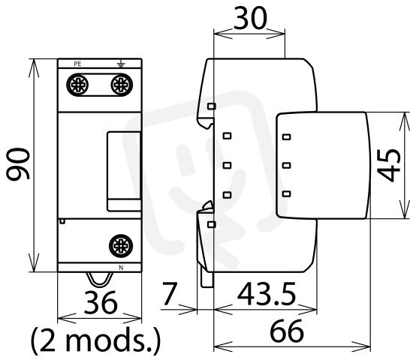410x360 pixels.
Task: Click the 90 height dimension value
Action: click(18, 164)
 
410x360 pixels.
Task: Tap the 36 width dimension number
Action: click(101, 303)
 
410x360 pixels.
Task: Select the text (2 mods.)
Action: click(95, 340)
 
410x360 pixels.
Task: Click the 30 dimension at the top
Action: click(251, 18)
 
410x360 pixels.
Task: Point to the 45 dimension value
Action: click(389, 165)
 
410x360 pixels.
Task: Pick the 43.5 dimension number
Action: click(267, 294)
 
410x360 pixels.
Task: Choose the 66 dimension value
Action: click(287, 331)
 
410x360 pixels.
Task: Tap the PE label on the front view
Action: click(77, 64)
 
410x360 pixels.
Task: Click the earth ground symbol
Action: click(121, 64)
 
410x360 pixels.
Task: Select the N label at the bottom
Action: click(121, 268)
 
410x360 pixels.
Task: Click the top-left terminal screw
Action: click(77, 85)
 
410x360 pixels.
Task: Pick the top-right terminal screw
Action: click(122, 85)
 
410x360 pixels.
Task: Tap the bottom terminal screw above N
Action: click(121, 246)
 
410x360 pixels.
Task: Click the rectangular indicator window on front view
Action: click(124, 172)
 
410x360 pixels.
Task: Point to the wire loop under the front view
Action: click(100, 279)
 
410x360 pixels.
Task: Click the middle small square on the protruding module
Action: click(287, 165)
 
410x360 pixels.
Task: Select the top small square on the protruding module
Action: click(287, 137)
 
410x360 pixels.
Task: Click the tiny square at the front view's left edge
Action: click(62, 221)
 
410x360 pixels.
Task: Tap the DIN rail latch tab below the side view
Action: click(207, 280)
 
